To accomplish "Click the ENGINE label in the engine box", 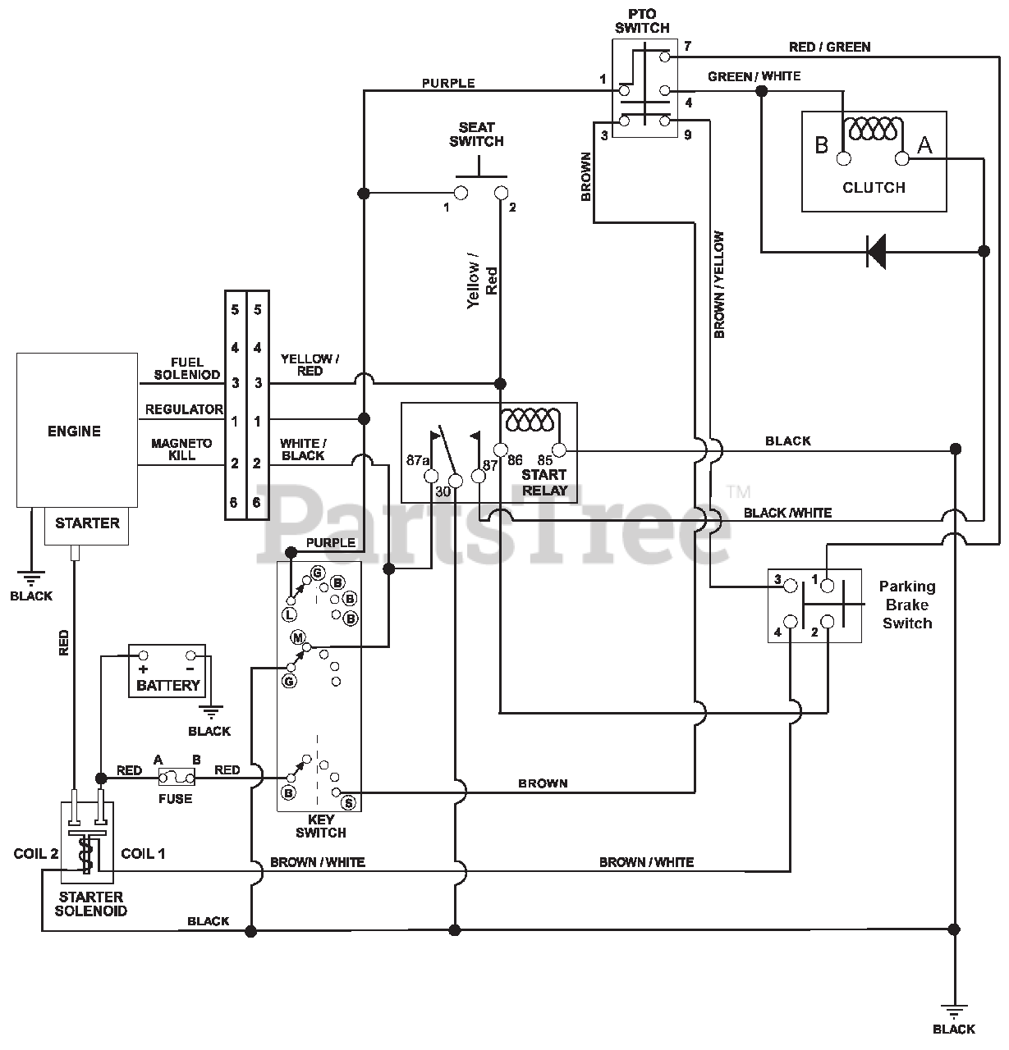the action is click(x=74, y=431).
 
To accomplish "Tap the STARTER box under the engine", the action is click(x=86, y=526).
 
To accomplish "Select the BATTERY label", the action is click(x=168, y=685).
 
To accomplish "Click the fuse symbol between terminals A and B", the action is click(x=176, y=778).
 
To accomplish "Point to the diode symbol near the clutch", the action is click(x=875, y=252).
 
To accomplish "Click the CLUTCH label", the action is click(x=874, y=188).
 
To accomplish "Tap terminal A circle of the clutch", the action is click(x=901, y=158).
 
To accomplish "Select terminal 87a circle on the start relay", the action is click(x=431, y=476).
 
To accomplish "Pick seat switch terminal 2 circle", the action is click(x=501, y=193).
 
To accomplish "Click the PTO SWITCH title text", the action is click(x=642, y=21).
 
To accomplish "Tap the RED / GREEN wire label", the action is click(x=830, y=47).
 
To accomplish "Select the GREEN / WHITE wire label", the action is click(x=754, y=76).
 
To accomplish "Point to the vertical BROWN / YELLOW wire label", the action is click(x=719, y=285).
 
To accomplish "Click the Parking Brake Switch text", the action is click(x=907, y=605).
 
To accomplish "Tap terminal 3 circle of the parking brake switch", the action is click(x=791, y=586).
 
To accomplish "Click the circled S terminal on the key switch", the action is click(x=349, y=803).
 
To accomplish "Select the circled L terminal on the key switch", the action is click(x=289, y=614).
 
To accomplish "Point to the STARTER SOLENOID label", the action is click(x=91, y=904).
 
